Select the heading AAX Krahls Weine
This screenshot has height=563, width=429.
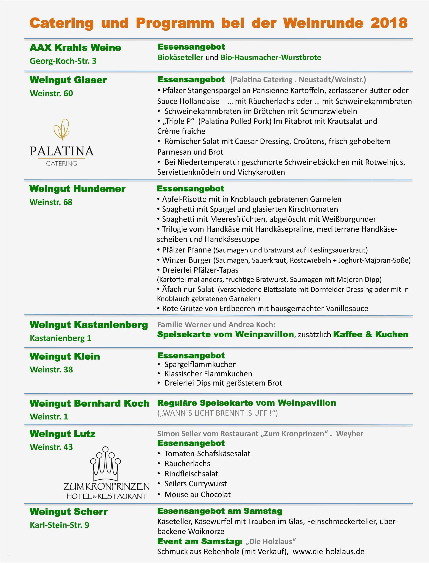tap(75, 48)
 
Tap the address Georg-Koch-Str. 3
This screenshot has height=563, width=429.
tap(63, 61)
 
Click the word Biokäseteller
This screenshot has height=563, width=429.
tap(180, 57)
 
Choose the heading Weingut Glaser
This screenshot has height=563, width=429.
tap(68, 80)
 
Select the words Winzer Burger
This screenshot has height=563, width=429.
tap(187, 260)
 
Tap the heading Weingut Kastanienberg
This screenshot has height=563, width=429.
tap(89, 325)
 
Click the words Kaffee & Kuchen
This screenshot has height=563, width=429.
tap(371, 334)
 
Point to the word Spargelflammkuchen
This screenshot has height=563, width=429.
tap(200, 364)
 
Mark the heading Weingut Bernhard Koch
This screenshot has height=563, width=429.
tap(89, 403)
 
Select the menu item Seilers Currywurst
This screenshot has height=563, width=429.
tap(196, 484)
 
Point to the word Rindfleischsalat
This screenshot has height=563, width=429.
tap(191, 474)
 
